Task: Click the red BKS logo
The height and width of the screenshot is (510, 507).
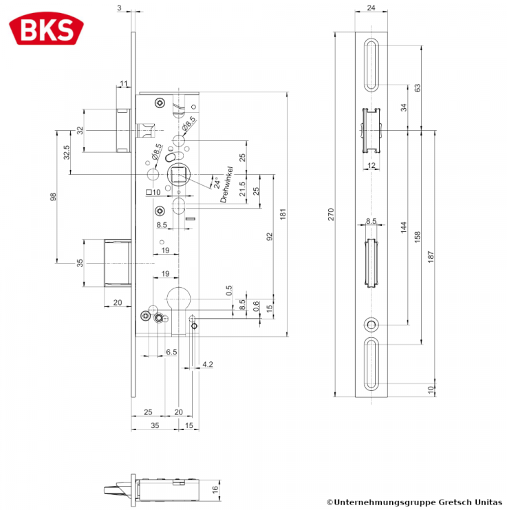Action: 46,29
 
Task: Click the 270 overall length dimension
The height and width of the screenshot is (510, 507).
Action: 331,215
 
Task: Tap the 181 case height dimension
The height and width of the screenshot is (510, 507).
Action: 283,214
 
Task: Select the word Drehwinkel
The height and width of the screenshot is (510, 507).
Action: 226,184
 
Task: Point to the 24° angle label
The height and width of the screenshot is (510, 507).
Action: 217,182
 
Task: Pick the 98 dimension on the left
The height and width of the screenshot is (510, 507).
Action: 53,197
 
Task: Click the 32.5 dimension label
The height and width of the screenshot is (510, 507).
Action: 66,152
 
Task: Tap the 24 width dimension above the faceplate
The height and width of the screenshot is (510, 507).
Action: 371,8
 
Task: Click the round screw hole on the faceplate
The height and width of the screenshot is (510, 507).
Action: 371,325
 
